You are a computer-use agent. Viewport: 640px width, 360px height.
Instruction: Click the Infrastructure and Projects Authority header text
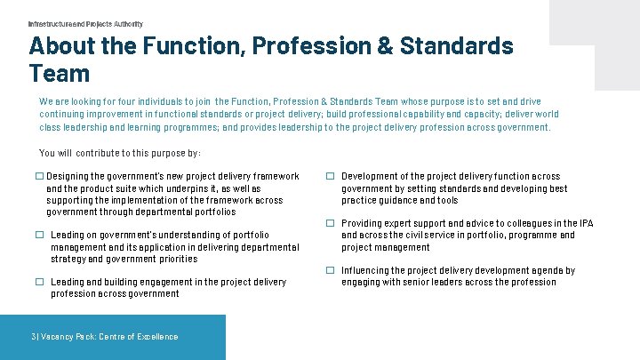[x=85, y=24]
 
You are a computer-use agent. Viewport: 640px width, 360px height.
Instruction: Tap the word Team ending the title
[x=60, y=73]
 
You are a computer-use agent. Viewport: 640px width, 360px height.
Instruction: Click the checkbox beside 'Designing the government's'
[x=40, y=177]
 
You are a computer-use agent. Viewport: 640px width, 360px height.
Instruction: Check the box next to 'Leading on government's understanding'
[x=40, y=236]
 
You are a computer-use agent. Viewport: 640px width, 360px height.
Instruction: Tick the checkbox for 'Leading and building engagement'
[x=40, y=282]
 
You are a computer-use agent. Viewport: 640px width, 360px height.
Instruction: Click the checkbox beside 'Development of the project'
[x=330, y=177]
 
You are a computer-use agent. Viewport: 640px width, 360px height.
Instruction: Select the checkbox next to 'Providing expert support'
[x=330, y=223]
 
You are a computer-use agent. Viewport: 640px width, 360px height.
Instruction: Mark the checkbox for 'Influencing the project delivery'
[x=330, y=270]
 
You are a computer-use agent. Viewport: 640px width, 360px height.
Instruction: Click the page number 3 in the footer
[x=33, y=337]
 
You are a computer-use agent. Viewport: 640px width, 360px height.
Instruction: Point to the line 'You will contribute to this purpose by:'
[x=120, y=153]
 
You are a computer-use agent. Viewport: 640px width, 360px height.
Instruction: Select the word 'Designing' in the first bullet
[x=69, y=177]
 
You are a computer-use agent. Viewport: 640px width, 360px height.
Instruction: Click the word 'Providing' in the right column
[x=364, y=223]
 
